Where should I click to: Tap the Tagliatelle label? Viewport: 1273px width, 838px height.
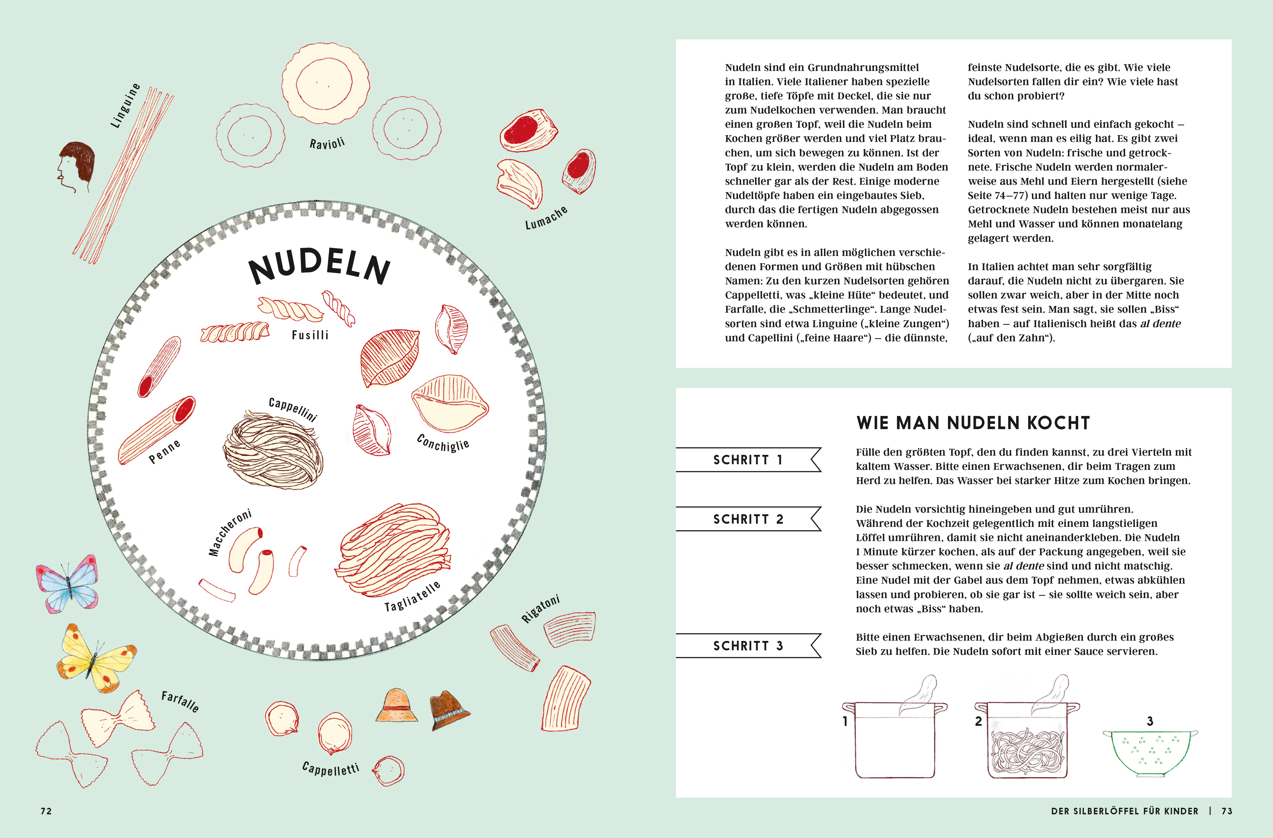coord(413,596)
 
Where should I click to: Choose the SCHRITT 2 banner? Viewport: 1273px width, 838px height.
coord(748,519)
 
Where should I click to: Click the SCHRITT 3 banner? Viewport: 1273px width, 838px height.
coord(748,645)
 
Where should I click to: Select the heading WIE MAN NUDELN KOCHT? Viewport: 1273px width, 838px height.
coord(973,423)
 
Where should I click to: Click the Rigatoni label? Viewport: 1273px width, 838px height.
coord(541,609)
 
